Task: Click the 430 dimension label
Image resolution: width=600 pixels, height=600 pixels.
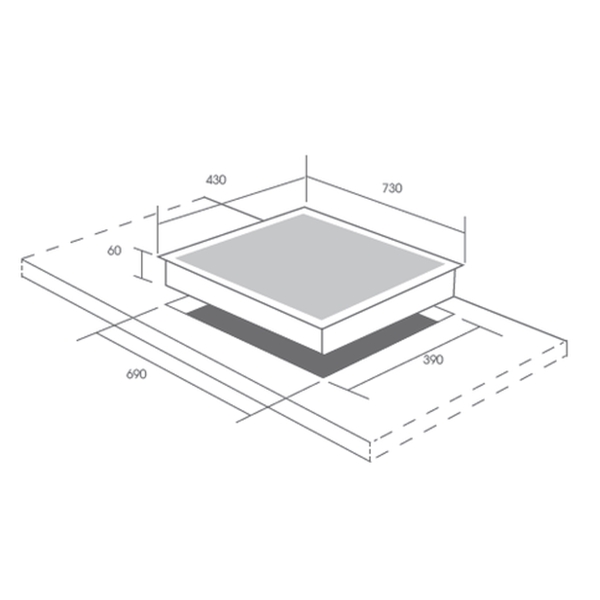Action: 216,180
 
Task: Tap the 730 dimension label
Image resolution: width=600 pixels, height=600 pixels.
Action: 391,188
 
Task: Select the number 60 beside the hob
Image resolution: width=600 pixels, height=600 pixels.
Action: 114,251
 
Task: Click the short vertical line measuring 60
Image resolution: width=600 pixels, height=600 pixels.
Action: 143,266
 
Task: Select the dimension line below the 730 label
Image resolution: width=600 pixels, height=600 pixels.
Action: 386,207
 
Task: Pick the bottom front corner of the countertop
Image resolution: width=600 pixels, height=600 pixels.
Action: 371,461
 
